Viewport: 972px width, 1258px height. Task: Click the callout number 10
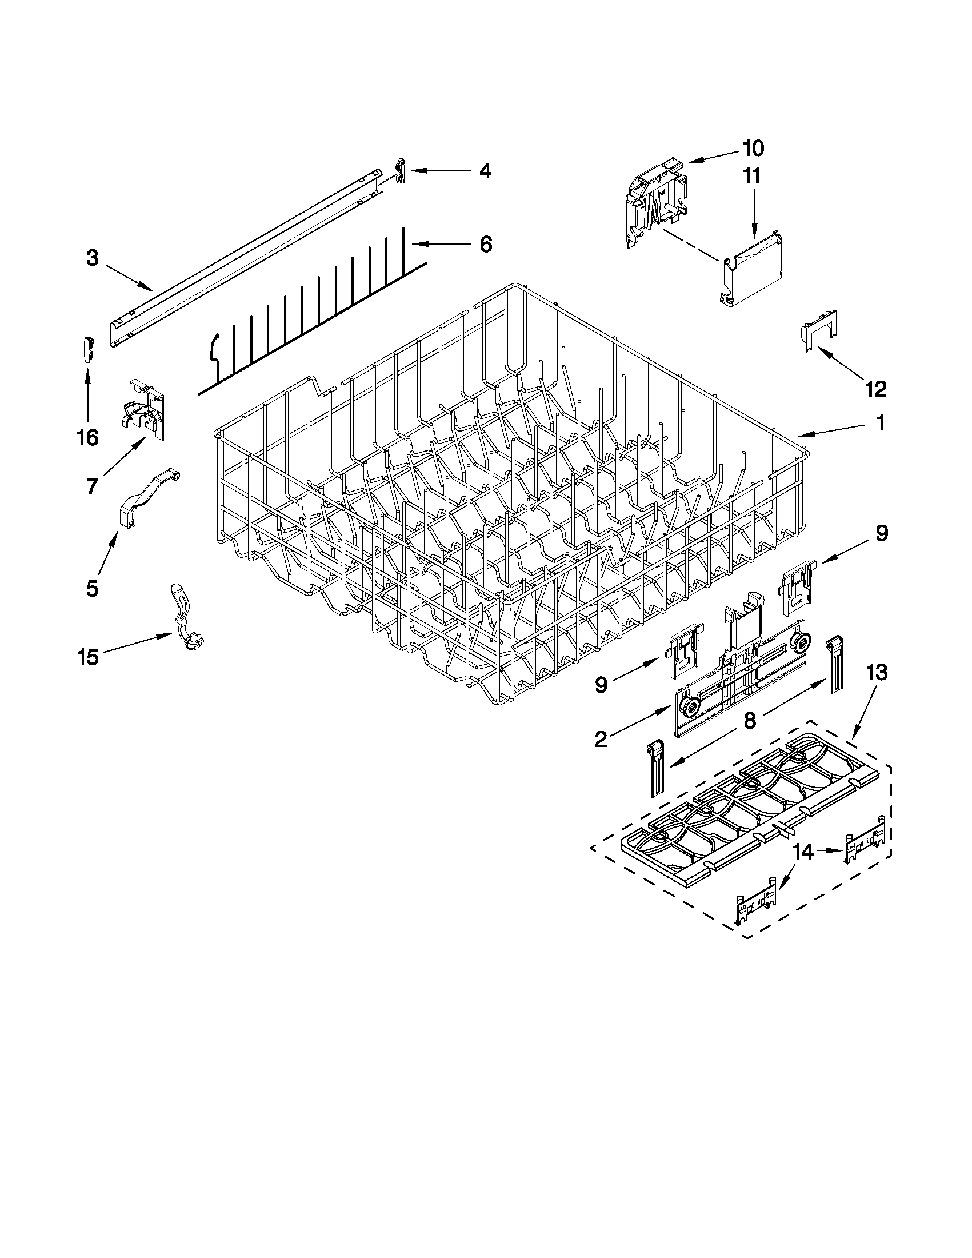tap(753, 148)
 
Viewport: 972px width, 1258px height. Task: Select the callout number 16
tap(87, 438)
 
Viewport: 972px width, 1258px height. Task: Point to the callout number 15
tap(87, 657)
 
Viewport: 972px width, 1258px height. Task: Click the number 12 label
tap(875, 389)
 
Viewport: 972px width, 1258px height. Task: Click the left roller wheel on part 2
tap(687, 704)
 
